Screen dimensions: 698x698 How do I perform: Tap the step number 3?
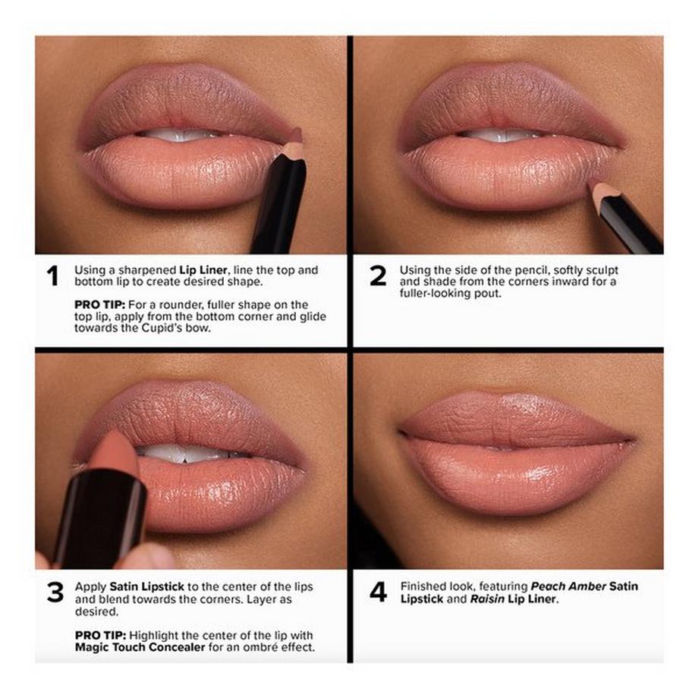(x=55, y=593)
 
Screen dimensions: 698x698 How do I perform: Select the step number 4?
(x=378, y=593)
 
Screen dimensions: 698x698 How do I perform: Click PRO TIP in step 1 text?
(x=96, y=304)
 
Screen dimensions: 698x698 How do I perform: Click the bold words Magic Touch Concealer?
(x=140, y=648)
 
